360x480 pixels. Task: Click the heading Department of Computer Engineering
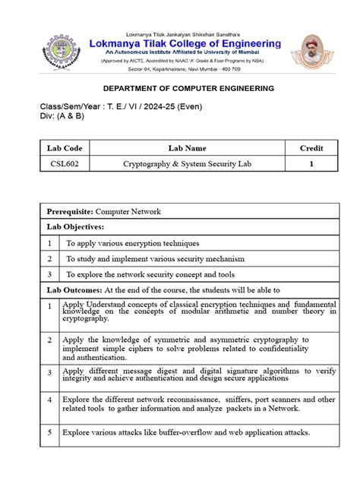pyautogui.click(x=178, y=89)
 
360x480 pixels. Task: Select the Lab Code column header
pyautogui.click(x=66, y=147)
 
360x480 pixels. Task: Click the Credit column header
pyautogui.click(x=311, y=147)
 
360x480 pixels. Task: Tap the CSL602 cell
pyautogui.click(x=66, y=163)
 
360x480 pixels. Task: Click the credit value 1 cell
pyautogui.click(x=311, y=163)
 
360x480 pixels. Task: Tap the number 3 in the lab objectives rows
pyautogui.click(x=49, y=274)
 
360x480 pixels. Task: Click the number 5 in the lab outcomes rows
pyautogui.click(x=49, y=432)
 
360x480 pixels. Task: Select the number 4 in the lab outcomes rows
pyautogui.click(x=49, y=399)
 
